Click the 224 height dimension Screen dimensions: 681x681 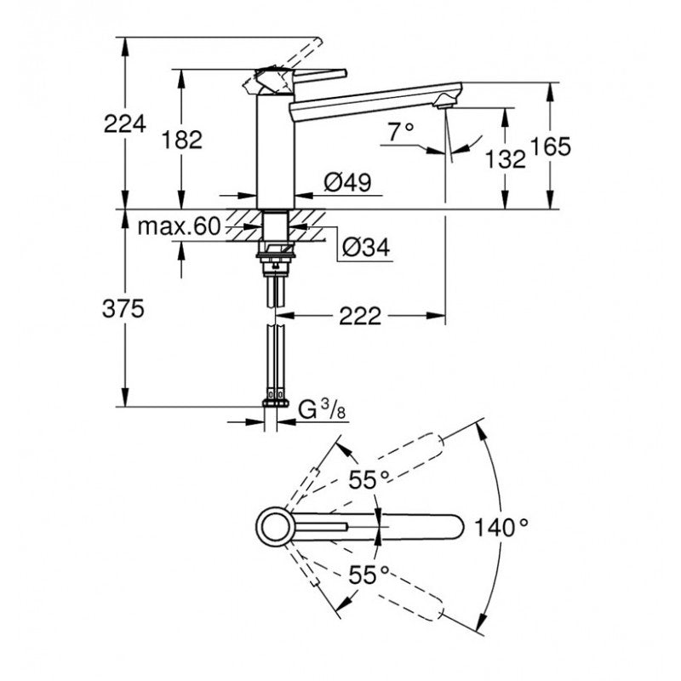pyautogui.click(x=125, y=124)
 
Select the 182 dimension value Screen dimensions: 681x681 pyautogui.click(x=182, y=140)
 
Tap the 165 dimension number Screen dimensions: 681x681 pyautogui.click(x=550, y=146)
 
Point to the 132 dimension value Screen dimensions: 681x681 pyautogui.click(x=505, y=159)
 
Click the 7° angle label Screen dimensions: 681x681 pyautogui.click(x=401, y=131)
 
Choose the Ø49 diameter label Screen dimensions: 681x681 pyautogui.click(x=348, y=182)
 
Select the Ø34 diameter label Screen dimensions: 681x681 pyautogui.click(x=366, y=247)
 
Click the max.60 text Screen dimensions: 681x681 pyautogui.click(x=179, y=226)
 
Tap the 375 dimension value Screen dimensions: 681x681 pyautogui.click(x=123, y=309)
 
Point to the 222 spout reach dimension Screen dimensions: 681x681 pyautogui.click(x=360, y=316)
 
